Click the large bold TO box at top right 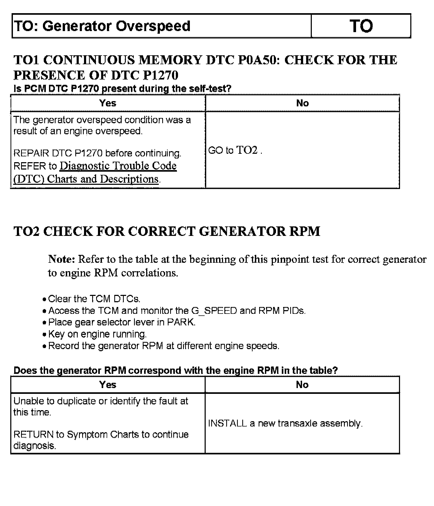pyautogui.click(x=361, y=26)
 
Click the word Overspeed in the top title pyautogui.click(x=153, y=26)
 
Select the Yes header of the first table pyautogui.click(x=108, y=103)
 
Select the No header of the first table pyautogui.click(x=302, y=103)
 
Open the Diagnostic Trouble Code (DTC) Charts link pyautogui.click(x=118, y=166)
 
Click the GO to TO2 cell pyautogui.click(x=235, y=150)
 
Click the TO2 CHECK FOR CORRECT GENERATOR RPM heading pyautogui.click(x=167, y=231)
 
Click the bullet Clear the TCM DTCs pyautogui.click(x=94, y=299)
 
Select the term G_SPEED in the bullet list pyautogui.click(x=214, y=311)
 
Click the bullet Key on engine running pyautogui.click(x=97, y=334)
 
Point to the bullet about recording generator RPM pyautogui.click(x=163, y=346)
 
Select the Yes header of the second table pyautogui.click(x=108, y=385)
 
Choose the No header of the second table pyautogui.click(x=302, y=385)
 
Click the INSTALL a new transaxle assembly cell pyautogui.click(x=285, y=423)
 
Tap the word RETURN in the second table pyautogui.click(x=33, y=434)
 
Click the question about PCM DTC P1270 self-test pyautogui.click(x=122, y=89)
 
